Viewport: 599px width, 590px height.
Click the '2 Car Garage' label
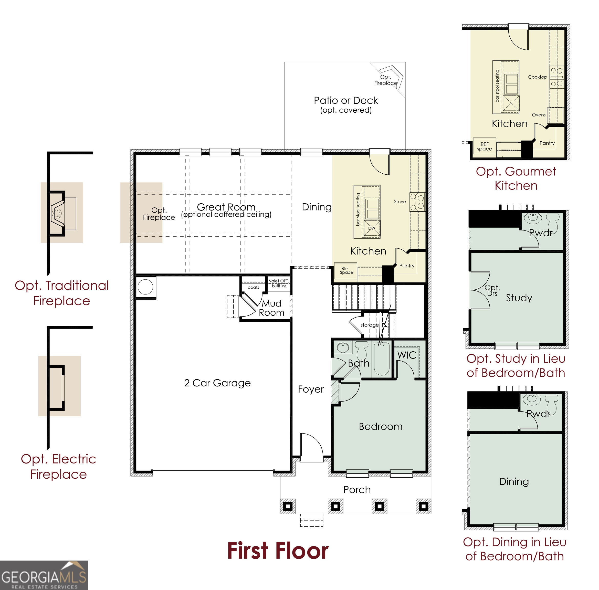click(x=217, y=383)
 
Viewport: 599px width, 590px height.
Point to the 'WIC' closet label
click(x=407, y=355)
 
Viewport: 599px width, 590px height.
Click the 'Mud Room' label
click(x=271, y=308)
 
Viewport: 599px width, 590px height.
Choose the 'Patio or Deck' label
click(x=346, y=100)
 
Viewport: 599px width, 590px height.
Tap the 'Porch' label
click(x=357, y=490)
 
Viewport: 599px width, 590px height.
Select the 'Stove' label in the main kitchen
click(x=400, y=202)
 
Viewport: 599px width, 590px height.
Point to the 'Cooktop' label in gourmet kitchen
click(x=537, y=77)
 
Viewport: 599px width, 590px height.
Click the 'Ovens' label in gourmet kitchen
click(x=539, y=115)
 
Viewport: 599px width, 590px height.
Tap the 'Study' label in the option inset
click(x=519, y=298)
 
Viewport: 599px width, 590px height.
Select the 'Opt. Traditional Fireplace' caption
click(x=62, y=293)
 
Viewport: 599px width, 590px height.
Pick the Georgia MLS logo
click(x=44, y=575)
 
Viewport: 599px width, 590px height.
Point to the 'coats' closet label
click(x=253, y=287)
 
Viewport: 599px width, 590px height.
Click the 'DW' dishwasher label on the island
click(x=372, y=228)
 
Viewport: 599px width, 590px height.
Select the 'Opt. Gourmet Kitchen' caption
click(x=516, y=178)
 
